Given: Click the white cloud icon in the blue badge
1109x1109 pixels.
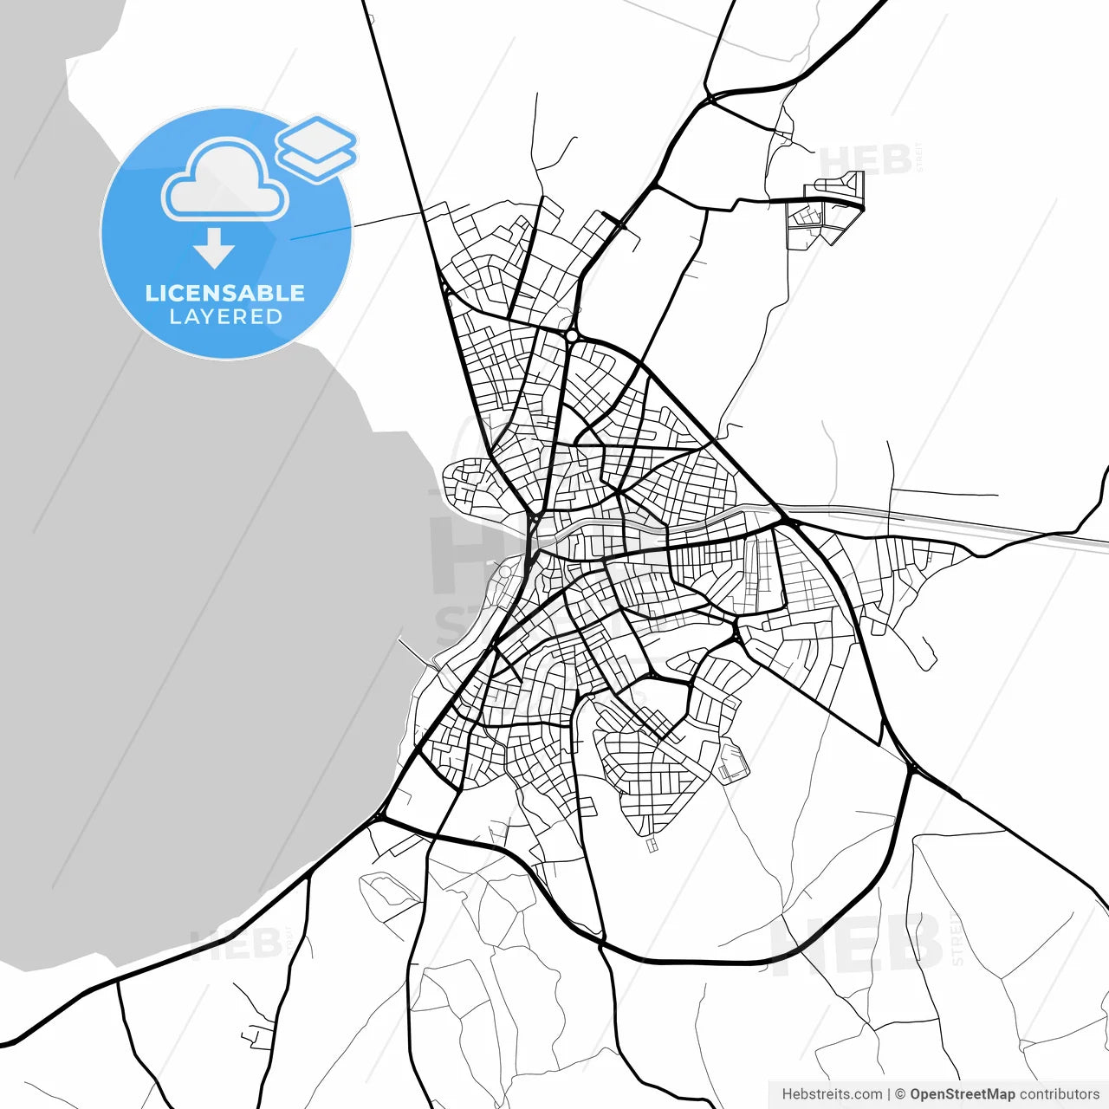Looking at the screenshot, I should pos(224,183).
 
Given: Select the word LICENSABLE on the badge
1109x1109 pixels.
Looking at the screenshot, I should pos(225,293).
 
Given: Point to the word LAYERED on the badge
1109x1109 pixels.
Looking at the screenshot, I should pos(225,317).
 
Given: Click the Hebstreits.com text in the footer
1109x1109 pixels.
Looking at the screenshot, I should pos(832,1094).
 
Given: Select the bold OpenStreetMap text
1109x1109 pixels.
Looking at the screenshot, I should pos(962,1094).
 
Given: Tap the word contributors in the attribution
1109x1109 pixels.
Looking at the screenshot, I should pos(1059,1094).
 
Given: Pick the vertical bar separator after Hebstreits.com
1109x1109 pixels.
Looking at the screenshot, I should pos(890,1094).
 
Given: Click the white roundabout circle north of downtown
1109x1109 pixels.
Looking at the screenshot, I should pos(572,335).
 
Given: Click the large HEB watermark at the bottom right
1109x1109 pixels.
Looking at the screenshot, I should pos(858,944).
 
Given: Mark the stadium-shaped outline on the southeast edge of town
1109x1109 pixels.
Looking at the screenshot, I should pos(732,762).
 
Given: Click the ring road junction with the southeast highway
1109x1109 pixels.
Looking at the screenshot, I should pos(911,768).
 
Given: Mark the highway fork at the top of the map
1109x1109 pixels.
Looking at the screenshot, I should pos(709,95).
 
